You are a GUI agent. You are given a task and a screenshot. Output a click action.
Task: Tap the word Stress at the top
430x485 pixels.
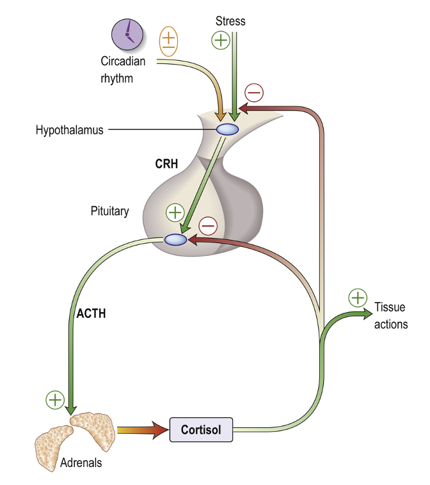click(x=231, y=21)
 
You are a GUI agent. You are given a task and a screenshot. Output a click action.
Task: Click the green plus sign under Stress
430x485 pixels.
click(x=221, y=41)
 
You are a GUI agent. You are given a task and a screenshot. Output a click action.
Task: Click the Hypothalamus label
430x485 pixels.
click(x=70, y=130)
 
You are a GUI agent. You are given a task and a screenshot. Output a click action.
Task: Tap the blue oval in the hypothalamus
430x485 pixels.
click(x=227, y=129)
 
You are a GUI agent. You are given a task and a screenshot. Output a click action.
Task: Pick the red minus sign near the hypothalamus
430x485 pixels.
click(x=254, y=93)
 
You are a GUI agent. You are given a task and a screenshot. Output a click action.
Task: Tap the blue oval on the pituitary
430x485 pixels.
click(x=175, y=239)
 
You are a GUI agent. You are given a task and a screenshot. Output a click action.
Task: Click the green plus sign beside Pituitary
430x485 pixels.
click(x=174, y=212)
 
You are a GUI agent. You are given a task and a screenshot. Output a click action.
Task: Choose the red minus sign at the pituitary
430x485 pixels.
click(x=208, y=225)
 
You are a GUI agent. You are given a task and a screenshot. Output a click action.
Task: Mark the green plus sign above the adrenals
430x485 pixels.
click(x=55, y=400)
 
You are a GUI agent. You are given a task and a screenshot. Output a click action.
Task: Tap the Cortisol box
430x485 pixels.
click(x=201, y=430)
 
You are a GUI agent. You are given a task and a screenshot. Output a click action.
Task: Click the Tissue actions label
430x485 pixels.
click(x=390, y=316)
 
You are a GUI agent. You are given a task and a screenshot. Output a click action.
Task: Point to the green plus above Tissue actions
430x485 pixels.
click(x=358, y=298)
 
